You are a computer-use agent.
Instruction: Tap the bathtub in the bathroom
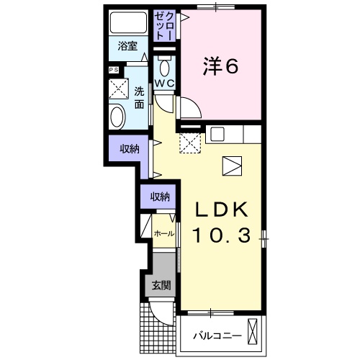(128, 22)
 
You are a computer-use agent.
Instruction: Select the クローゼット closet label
(163, 25)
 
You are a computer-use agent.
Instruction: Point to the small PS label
(113, 70)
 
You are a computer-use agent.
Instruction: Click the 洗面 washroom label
(139, 98)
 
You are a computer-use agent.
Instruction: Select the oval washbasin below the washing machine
(117, 116)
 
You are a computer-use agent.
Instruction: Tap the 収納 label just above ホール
(160, 197)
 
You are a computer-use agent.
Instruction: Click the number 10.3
(222, 235)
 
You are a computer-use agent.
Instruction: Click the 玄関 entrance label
(161, 285)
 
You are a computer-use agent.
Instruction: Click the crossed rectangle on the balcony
(252, 331)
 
